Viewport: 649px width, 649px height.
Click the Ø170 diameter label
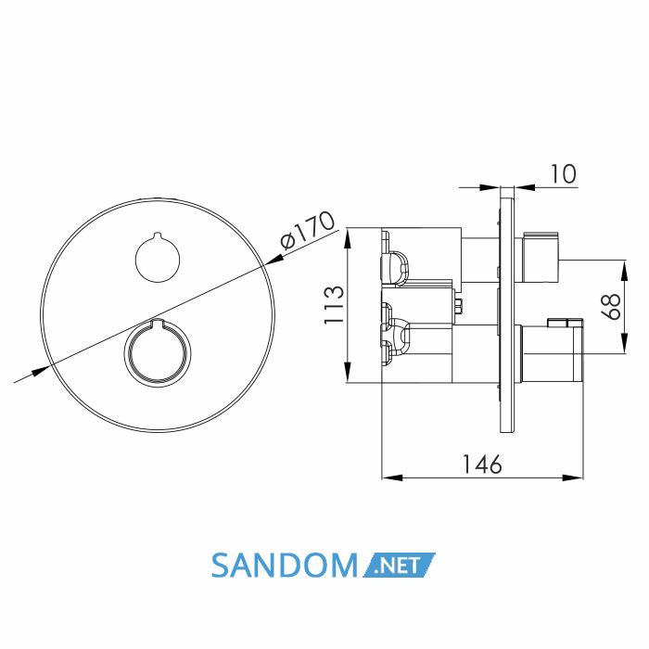pyautogui.click(x=307, y=230)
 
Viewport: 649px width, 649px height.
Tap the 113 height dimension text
pyautogui.click(x=335, y=304)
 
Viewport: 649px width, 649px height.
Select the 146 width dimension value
pyautogui.click(x=482, y=464)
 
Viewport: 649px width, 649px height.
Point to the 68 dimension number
pyautogui.click(x=611, y=306)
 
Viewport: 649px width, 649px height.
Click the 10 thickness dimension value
pyautogui.click(x=563, y=173)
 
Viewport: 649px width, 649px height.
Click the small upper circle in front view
pyautogui.click(x=158, y=258)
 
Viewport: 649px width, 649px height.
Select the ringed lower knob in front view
pyautogui.click(x=158, y=353)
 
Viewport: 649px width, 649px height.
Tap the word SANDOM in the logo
pyautogui.click(x=284, y=566)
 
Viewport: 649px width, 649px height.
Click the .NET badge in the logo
pyautogui.click(x=399, y=565)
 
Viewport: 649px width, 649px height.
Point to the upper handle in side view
pyautogui.click(x=541, y=258)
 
